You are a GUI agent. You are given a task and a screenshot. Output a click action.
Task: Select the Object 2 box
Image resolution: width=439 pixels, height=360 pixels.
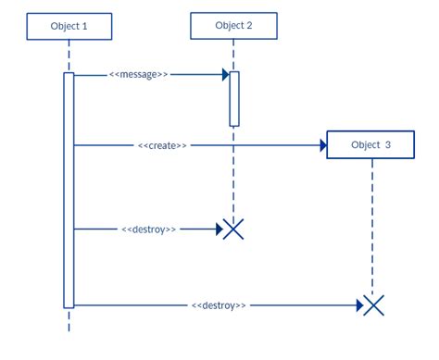[233, 25]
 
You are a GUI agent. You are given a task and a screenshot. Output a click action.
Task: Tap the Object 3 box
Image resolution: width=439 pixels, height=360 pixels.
[370, 145]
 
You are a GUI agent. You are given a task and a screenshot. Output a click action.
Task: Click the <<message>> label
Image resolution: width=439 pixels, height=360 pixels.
[139, 74]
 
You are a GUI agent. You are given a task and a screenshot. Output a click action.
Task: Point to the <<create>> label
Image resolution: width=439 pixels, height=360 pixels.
[162, 145]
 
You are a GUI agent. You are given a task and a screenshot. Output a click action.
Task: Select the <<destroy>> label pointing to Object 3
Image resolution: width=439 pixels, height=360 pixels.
[219, 304]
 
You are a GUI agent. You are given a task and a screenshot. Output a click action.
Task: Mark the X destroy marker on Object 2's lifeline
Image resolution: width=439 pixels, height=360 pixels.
[234, 229]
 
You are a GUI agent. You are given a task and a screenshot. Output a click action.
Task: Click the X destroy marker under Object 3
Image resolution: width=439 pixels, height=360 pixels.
[372, 304]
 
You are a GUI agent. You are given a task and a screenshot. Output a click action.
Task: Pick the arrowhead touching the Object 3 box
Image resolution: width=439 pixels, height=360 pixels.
[322, 145]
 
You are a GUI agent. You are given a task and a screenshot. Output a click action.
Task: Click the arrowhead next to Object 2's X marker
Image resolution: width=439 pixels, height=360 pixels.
[219, 229]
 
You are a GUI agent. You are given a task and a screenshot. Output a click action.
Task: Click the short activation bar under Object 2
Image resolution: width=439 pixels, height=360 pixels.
[234, 98]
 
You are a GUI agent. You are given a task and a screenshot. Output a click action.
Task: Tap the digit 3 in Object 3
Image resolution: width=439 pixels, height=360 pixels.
[388, 145]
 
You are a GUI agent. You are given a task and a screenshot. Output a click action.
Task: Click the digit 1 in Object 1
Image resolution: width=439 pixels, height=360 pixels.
[86, 27]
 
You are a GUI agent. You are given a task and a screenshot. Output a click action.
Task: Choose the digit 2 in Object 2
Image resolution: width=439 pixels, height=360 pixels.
[249, 25]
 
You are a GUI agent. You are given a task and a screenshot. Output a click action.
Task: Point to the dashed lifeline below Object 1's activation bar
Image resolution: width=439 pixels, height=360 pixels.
[69, 321]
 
